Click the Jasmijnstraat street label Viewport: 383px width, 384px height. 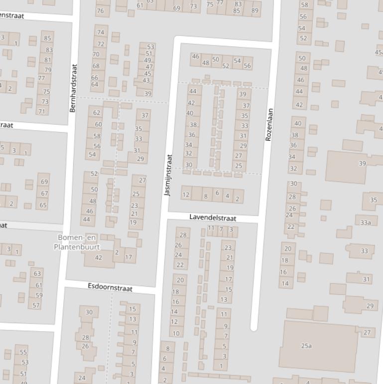point(168,175)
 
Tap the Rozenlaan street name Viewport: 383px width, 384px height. point(269,125)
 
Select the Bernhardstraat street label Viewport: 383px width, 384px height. point(73,88)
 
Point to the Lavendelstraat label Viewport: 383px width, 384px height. point(213,218)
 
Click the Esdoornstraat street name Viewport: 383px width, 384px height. point(110,287)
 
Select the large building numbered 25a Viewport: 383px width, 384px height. point(306,345)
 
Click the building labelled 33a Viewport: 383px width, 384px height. point(366,222)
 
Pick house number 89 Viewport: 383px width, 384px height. point(255,10)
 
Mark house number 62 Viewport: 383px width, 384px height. point(97,113)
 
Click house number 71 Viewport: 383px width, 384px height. point(42,111)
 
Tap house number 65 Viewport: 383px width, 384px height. point(43,205)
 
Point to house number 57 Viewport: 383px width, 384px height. point(36,305)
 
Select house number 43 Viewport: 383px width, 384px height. point(146,80)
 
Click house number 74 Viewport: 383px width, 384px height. point(101,32)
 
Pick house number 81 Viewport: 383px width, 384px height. point(48,60)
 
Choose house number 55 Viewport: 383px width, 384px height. point(23,352)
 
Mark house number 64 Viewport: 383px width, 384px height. point(95,84)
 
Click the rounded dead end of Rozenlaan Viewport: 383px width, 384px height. point(254,327)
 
